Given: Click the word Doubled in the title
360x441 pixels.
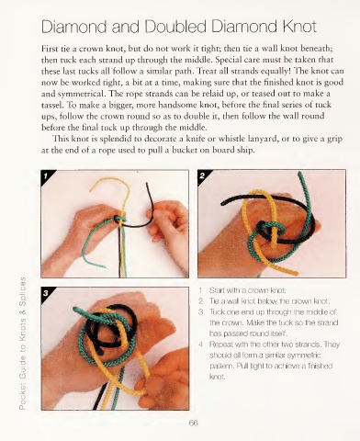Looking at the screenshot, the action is point(175,27).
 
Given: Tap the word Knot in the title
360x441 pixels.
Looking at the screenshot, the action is point(299,27).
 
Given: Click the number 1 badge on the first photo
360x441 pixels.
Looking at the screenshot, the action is point(46,176).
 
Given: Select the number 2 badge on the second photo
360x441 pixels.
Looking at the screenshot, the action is point(202,175).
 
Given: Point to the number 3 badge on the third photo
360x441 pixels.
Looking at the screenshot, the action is point(46,293).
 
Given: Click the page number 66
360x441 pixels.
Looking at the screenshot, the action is point(194,423).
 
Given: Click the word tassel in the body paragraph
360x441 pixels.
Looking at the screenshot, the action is point(51,105).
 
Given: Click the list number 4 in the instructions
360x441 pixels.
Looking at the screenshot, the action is point(201,345).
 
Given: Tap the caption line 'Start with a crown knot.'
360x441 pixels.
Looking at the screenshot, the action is point(248,290).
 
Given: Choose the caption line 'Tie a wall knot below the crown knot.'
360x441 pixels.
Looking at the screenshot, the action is point(269,301).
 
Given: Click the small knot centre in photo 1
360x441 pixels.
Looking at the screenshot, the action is point(119,220).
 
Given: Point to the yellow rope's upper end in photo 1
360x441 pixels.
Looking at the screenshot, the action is point(91,190).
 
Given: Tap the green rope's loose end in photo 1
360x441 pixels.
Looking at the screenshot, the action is point(103,266).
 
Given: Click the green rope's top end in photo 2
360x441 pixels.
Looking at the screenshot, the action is point(299,174).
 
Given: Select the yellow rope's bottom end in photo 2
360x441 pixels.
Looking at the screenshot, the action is point(296,273).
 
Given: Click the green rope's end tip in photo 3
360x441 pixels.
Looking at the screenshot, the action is point(75,309).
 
